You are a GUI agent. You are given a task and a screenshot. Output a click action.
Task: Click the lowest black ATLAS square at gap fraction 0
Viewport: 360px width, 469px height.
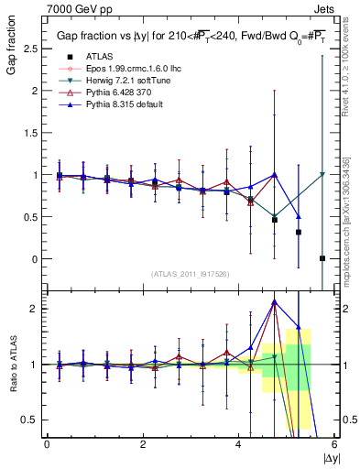322,258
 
